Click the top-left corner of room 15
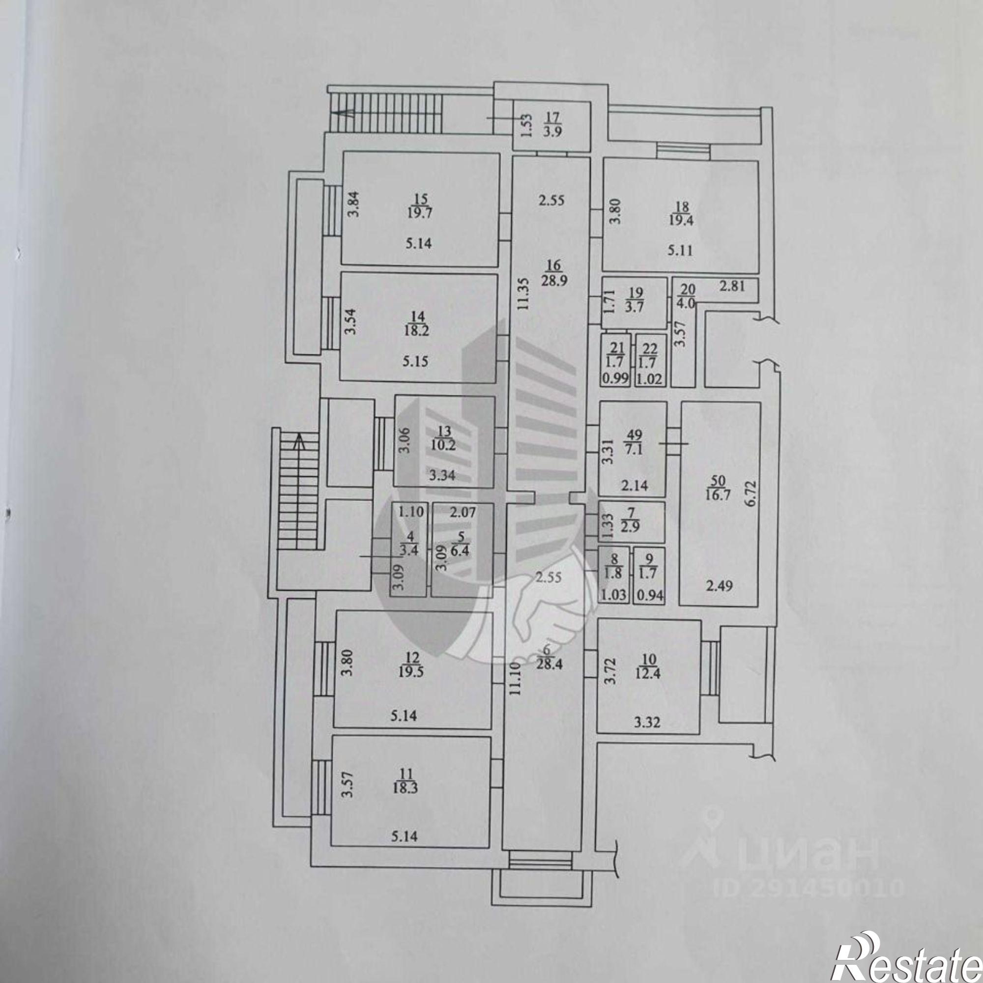pyautogui.click(x=342, y=152)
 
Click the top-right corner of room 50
pyautogui.click(x=761, y=402)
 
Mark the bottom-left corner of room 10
pyautogui.click(x=598, y=734)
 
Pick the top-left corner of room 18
pyautogui.click(x=603, y=160)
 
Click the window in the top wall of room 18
pyautogui.click(x=683, y=150)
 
